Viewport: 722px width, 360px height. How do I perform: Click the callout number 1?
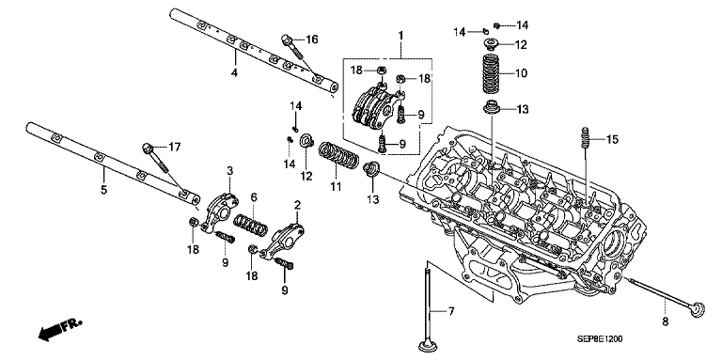click(400, 35)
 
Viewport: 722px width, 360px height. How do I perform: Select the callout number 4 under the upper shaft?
click(234, 72)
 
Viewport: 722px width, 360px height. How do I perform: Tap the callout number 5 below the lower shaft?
click(103, 189)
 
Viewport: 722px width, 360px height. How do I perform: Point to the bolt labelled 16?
click(291, 47)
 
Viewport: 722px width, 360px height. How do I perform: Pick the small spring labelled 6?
click(251, 225)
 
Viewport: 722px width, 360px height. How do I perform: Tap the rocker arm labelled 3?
click(220, 212)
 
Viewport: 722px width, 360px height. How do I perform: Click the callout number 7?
click(451, 312)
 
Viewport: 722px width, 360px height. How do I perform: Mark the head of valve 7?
click(429, 344)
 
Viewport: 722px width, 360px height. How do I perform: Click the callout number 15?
click(613, 139)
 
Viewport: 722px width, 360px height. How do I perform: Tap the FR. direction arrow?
click(59, 330)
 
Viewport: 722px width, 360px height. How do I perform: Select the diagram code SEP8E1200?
click(600, 339)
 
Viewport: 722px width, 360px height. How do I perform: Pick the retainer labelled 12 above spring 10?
click(491, 45)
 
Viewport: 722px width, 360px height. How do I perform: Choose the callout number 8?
click(665, 321)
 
